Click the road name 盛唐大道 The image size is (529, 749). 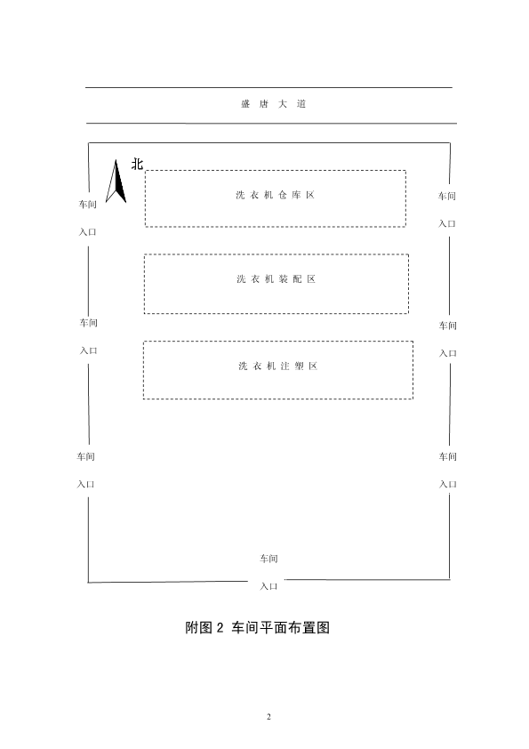(x=273, y=104)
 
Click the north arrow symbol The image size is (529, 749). (x=116, y=181)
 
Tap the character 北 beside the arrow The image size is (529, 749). (x=137, y=165)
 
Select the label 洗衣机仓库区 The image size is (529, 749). (x=276, y=195)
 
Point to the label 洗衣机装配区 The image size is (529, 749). (x=277, y=279)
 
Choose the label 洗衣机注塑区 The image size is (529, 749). (x=278, y=366)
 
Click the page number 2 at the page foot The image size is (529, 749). (x=269, y=716)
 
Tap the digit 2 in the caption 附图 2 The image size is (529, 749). (x=220, y=627)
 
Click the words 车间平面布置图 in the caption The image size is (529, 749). (x=281, y=627)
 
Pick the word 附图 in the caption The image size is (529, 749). (x=198, y=627)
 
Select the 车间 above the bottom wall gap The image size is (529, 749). (x=269, y=559)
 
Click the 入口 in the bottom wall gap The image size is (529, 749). (x=269, y=586)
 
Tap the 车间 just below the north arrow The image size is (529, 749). (x=88, y=204)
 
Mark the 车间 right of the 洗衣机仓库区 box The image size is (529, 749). (x=447, y=196)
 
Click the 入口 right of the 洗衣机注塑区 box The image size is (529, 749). (x=448, y=353)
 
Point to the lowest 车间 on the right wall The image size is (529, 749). (x=448, y=456)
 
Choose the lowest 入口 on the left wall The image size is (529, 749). (x=86, y=484)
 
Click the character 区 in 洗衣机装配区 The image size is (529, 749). (x=311, y=279)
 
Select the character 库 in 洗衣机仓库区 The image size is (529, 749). (x=296, y=195)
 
